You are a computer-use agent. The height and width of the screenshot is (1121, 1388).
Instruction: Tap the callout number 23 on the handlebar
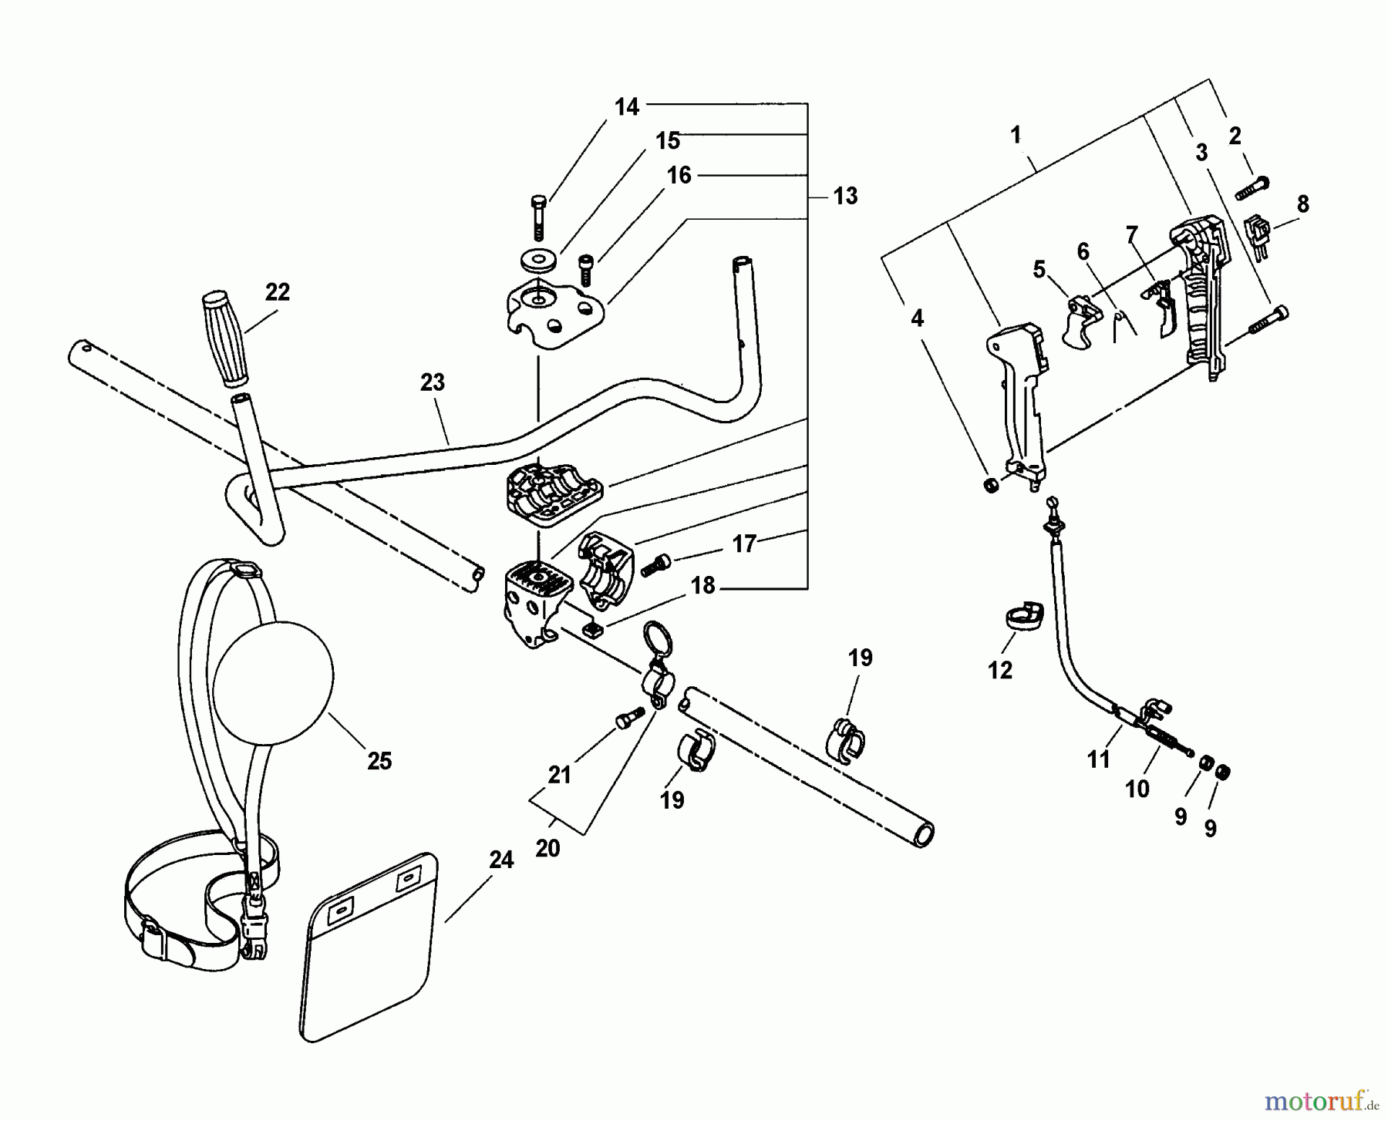click(433, 382)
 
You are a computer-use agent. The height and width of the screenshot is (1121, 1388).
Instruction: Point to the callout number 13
click(845, 197)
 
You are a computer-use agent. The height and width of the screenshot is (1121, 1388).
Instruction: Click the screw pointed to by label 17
click(659, 564)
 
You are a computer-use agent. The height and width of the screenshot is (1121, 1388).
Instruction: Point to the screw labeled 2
click(1253, 188)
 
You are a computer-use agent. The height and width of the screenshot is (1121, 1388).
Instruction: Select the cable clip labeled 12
click(1022, 620)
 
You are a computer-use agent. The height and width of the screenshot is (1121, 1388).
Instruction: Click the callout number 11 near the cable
click(1098, 759)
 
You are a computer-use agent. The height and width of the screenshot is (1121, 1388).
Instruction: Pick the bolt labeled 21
click(630, 719)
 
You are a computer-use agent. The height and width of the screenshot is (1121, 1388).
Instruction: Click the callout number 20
click(547, 849)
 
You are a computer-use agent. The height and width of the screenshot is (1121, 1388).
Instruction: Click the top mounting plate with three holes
click(551, 314)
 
